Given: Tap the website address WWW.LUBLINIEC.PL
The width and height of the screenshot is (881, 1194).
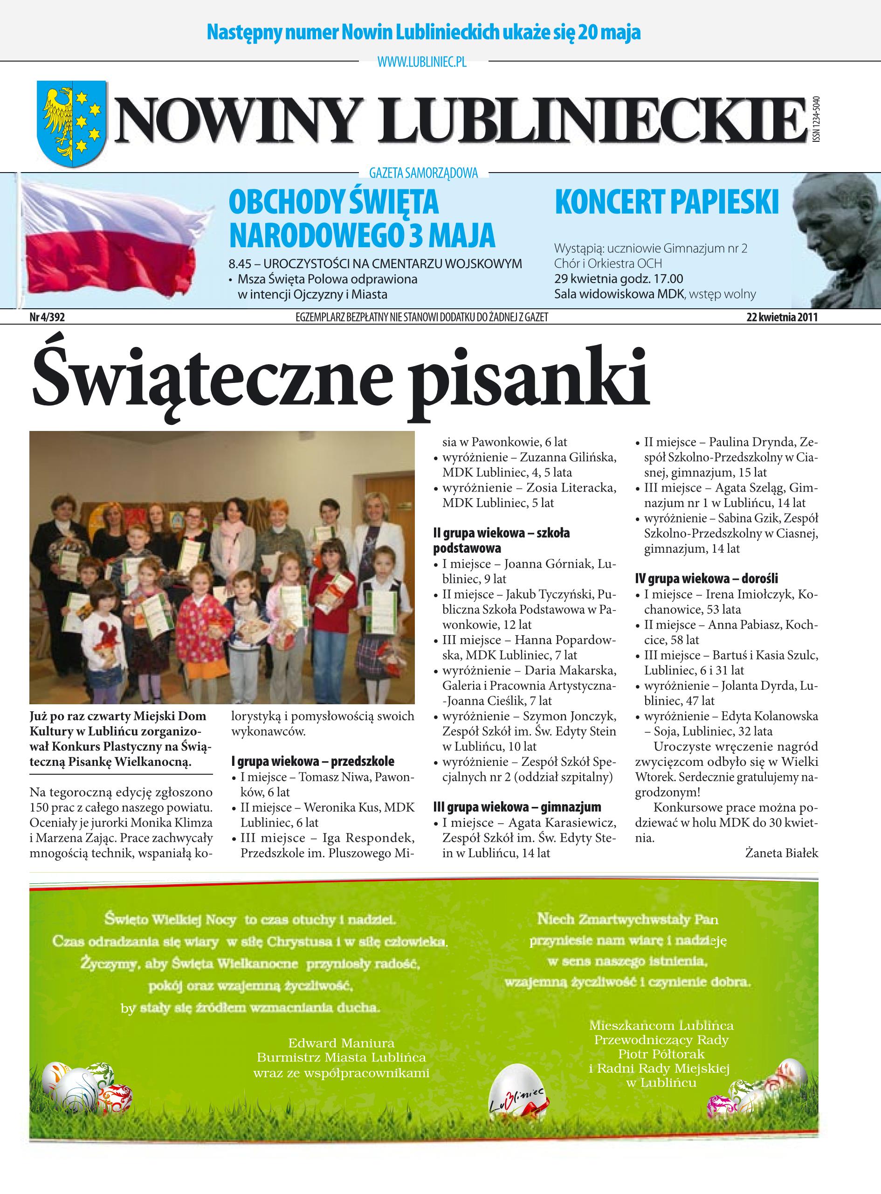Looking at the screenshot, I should pos(421,63).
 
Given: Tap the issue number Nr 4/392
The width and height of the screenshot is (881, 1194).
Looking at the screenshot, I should pos(47,318).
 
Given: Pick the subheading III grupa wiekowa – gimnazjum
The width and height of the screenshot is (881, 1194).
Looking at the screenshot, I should pos(517,807).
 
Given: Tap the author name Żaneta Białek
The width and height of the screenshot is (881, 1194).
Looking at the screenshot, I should pos(781,853).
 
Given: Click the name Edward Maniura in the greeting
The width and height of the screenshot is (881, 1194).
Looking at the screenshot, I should pos(341,1043).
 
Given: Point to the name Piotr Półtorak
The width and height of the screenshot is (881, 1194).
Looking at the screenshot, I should pos(661,1054).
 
